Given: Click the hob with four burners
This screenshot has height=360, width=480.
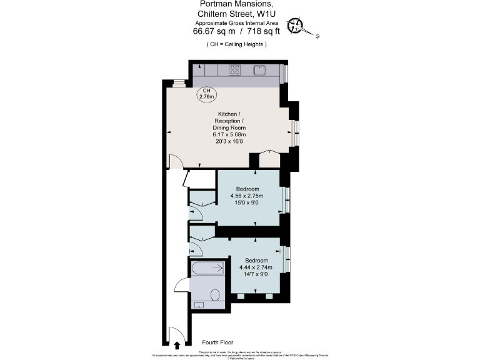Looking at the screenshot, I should point(236,70).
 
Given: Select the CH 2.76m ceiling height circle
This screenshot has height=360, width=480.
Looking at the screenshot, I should point(206,94).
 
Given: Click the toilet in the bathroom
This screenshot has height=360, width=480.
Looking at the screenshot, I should point(216,295).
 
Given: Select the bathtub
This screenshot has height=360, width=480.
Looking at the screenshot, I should point(207,269).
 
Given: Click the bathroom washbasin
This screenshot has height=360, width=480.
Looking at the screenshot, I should point(199,304).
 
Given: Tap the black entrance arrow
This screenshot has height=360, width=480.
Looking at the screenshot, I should point(177,344).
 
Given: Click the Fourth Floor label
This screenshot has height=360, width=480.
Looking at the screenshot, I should point(218,342).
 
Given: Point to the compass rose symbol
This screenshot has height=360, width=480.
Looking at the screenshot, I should point(296,26).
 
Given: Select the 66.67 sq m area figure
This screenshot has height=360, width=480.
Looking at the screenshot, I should point(213,31).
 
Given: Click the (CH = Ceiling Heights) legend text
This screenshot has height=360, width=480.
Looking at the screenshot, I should point(236,44).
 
